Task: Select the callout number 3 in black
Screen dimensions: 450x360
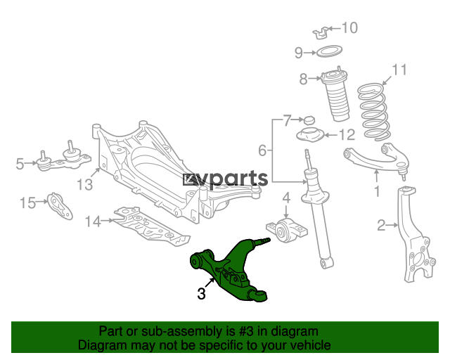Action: (202, 294)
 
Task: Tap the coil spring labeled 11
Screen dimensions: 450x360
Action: (374, 112)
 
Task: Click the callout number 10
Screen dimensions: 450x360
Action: (350, 28)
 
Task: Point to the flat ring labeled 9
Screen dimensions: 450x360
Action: (329, 51)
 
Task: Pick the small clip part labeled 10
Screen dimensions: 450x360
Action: (321, 33)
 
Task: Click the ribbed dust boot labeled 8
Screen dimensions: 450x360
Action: (335, 96)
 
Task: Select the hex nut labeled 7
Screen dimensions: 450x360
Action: (309, 120)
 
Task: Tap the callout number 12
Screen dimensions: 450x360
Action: (347, 134)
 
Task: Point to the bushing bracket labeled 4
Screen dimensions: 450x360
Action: (286, 231)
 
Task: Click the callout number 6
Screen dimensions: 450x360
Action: (262, 150)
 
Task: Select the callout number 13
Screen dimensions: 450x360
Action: (85, 185)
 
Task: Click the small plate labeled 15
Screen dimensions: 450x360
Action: (60, 206)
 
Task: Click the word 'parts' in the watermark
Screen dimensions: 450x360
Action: (239, 179)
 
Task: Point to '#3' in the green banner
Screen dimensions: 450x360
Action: (246, 331)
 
